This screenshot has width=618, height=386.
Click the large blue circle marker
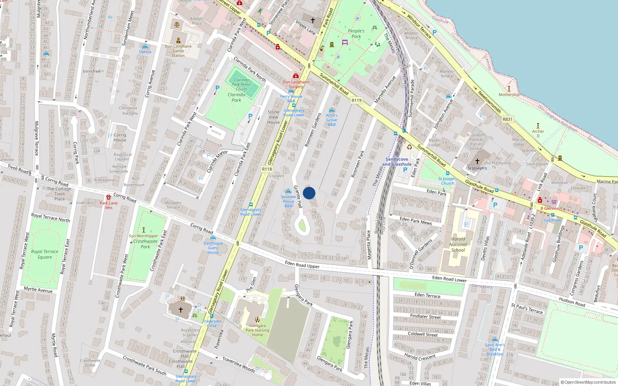coord(309,193)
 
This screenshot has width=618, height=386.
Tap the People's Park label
coord(356,34)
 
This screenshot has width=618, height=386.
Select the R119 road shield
coord(357,100)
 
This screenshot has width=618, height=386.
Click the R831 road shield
coord(508,119)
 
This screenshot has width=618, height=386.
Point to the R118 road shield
coord(267,169)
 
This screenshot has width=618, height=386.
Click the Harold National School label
coord(458,244)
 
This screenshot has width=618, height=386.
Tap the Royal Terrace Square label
coord(45,254)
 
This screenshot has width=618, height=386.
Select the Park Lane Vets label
coord(109,205)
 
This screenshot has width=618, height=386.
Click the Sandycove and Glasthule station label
coord(397,162)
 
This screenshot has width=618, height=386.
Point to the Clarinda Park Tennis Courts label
coord(241,84)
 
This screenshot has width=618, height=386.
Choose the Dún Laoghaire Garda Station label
coord(178,51)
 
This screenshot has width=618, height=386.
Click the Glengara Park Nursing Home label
coord(257,330)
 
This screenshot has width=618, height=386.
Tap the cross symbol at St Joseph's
coord(477,161)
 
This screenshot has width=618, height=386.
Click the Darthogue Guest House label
coord(213,248)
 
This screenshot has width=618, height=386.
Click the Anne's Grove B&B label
coord(331,120)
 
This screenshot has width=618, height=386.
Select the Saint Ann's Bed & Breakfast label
coord(495,349)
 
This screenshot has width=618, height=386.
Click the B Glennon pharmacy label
coord(550,208)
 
